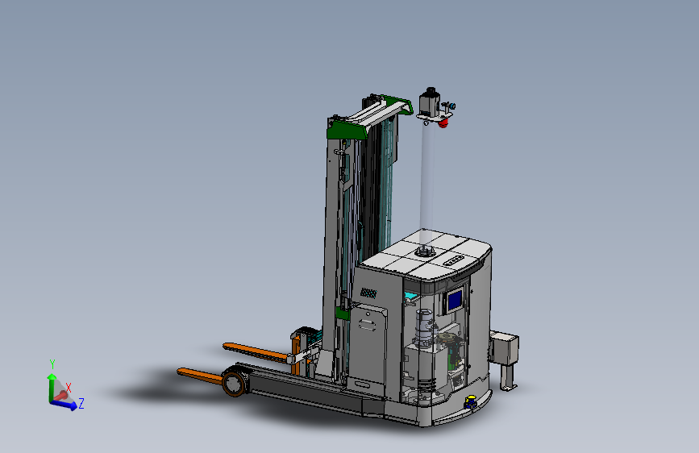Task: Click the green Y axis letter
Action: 52,364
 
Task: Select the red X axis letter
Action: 69,388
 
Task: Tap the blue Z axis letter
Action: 81,404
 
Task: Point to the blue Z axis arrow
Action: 64,405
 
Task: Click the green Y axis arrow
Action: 52,388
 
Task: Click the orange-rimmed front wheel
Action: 234,384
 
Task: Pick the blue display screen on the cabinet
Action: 455,300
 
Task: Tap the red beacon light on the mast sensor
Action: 443,123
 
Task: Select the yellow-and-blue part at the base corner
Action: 470,401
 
